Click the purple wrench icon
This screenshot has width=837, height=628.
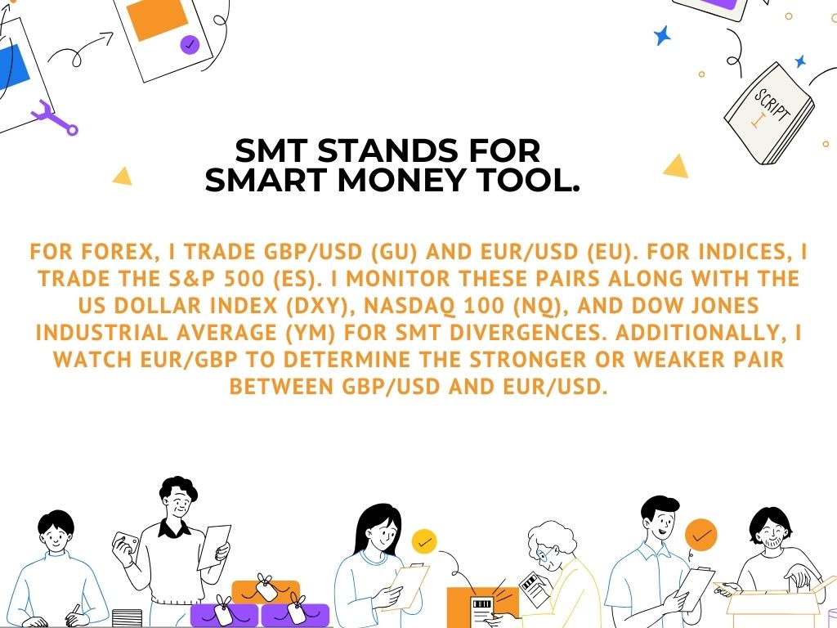click(55, 118)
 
